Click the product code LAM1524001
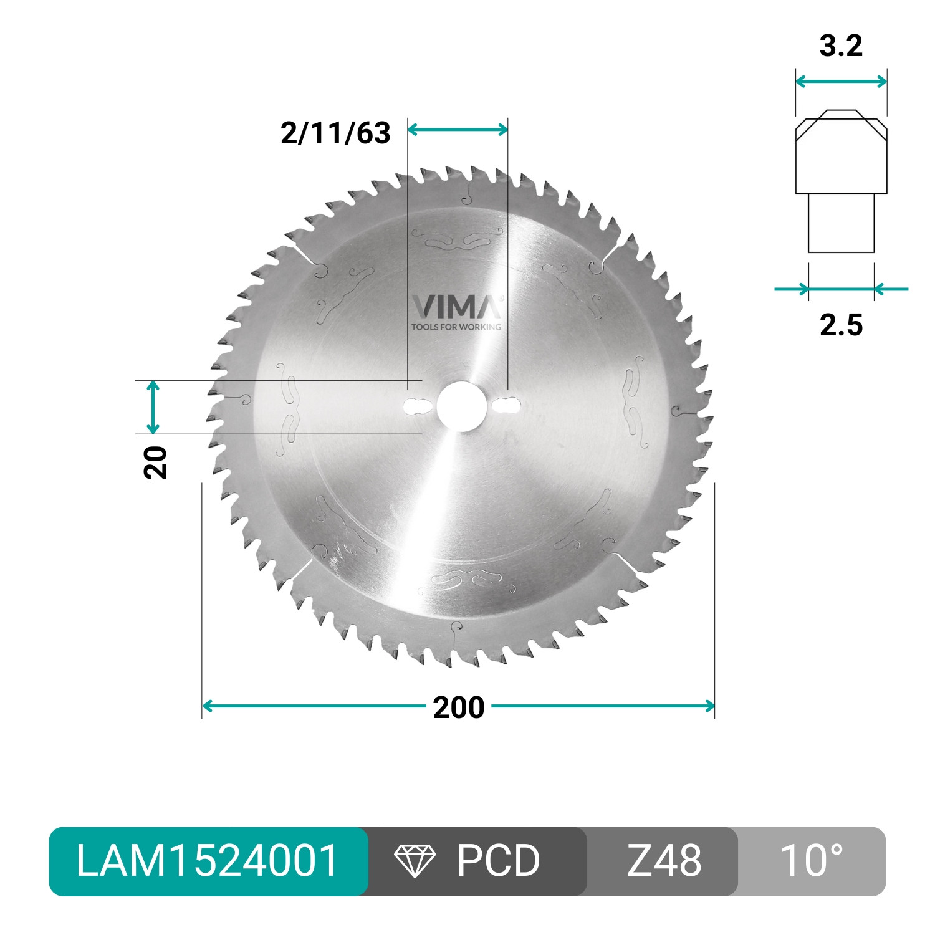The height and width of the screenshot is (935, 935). coord(208,861)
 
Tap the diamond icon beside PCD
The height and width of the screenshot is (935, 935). coord(415,861)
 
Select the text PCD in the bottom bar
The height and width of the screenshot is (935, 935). coord(498,861)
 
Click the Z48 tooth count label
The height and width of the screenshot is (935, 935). coord(664,861)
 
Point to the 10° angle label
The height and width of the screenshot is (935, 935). coord(811,861)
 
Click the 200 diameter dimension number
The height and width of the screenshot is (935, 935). coord(459,707)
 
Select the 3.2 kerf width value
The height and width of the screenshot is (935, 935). coord(841,46)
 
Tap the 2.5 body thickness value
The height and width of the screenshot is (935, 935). coord(841,325)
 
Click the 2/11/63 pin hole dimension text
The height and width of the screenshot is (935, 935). coord(335,133)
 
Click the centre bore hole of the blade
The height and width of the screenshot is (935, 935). coord(462,406)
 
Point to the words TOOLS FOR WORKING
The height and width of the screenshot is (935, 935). coord(456,327)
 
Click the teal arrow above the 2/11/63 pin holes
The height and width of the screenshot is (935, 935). coord(458,130)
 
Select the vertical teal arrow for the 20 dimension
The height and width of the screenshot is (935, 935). coord(153,407)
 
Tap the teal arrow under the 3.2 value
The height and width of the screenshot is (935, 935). coord(841,82)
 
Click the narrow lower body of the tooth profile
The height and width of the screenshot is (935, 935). coord(841,223)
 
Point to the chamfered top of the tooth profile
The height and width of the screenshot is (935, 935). coord(841,121)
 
